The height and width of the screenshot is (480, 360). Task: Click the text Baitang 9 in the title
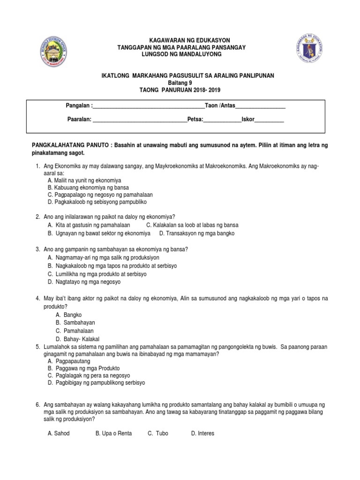tap(180, 82)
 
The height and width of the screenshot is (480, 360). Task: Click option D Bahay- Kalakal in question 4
tap(77, 339)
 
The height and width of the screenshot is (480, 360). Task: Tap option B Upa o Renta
tap(113, 434)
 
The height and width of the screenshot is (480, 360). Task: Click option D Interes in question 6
tap(202, 434)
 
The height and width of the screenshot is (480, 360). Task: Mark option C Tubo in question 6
tap(158, 434)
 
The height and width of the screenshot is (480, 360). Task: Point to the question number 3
tap(37, 249)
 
